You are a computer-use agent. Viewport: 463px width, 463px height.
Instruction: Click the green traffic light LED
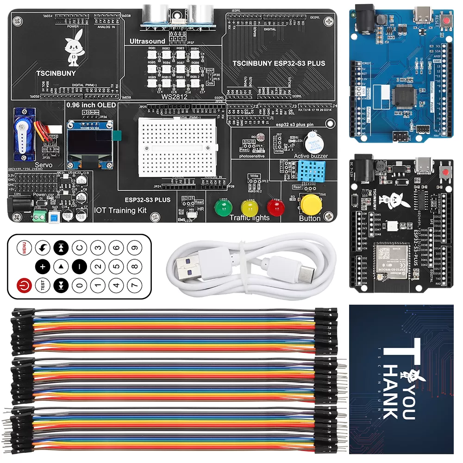coord(222,207)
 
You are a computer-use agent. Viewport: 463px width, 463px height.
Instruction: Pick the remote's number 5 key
coord(115,267)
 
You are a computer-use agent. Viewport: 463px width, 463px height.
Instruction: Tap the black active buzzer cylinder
coord(311,141)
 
